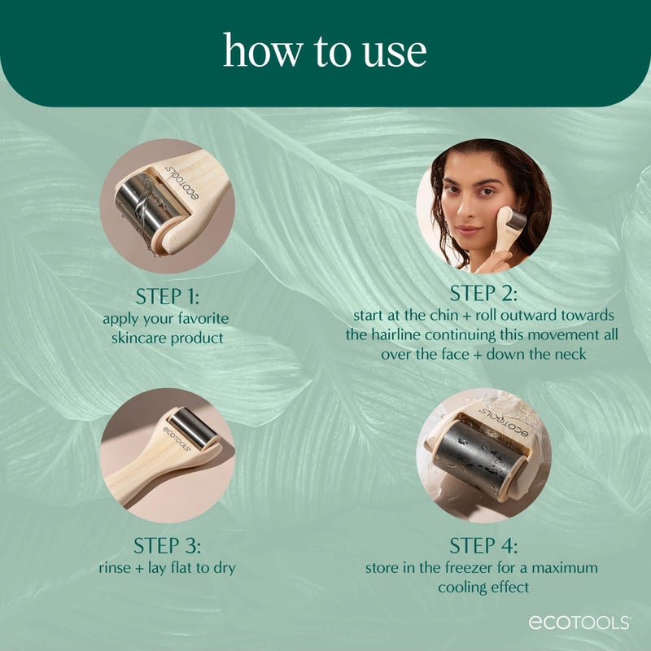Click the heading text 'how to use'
click(325, 51)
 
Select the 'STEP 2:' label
click(483, 293)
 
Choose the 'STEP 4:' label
click(483, 545)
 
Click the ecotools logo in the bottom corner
click(579, 623)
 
